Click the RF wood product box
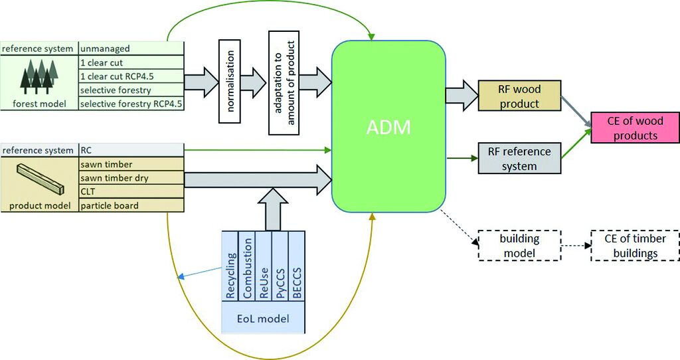tap(519, 96)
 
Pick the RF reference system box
tap(519, 158)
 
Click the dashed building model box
tap(519, 245)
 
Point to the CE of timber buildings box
tap(635, 245)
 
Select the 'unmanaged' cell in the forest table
tap(131, 48)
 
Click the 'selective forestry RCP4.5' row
tap(131, 104)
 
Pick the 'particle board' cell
tap(131, 206)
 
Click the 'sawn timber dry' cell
tap(131, 178)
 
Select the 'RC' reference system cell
tap(131, 150)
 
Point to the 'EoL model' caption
tap(264, 319)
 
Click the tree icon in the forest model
tap(39, 76)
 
